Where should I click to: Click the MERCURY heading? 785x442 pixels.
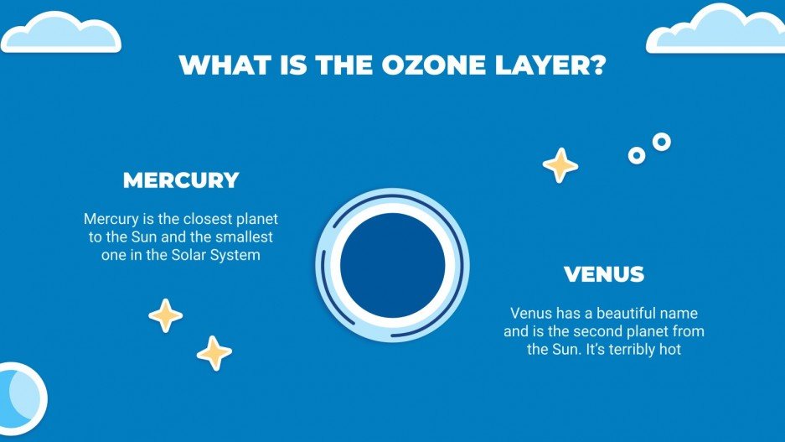pos(181,180)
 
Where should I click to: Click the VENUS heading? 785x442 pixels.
pos(604,274)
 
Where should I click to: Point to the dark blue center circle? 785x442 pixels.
pos(392,265)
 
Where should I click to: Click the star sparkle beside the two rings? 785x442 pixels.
pos(560,165)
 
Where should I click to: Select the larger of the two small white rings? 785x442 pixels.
pos(662,142)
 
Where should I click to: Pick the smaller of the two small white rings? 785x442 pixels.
pos(637,155)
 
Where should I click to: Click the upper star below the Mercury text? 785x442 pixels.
pos(165,315)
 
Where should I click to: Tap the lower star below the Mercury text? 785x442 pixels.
pos(214,353)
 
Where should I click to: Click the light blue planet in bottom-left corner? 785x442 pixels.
pos(18,398)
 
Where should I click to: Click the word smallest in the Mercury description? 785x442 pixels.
pos(246,237)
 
